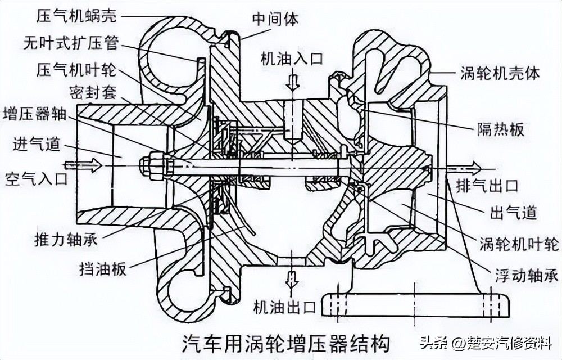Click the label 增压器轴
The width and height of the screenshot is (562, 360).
tap(34, 114)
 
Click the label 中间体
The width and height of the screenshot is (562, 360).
tap(275, 19)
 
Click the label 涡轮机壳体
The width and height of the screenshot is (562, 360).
tap(500, 74)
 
